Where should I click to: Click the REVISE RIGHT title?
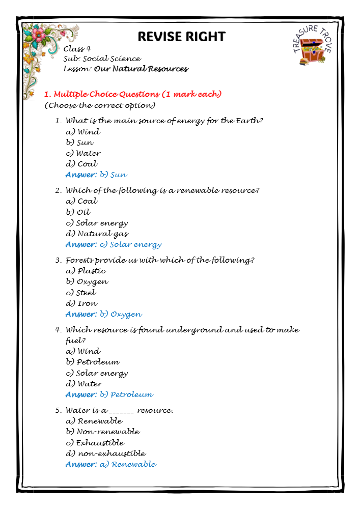(x=181, y=37)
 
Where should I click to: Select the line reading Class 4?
(x=77, y=49)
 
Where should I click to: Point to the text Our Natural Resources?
(x=141, y=69)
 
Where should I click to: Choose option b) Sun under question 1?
(x=80, y=143)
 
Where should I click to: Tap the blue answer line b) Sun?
(x=97, y=175)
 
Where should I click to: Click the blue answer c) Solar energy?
(x=114, y=244)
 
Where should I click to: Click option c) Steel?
(x=81, y=293)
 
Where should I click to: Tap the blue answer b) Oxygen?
(x=104, y=314)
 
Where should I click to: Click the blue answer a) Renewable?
(x=111, y=464)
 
